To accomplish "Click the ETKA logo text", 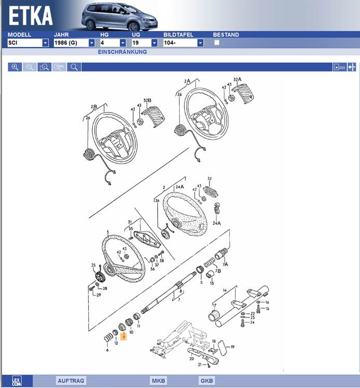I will tap(31, 16).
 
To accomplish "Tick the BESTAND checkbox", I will tap(217, 43).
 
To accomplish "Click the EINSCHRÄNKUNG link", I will tap(122, 52).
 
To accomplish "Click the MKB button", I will tap(159, 381).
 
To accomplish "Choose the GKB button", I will tap(206, 381).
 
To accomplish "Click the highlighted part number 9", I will tap(124, 336).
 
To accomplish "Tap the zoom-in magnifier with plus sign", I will tap(15, 67).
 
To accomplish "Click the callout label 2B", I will tap(94, 107).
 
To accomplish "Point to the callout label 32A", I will tap(238, 80).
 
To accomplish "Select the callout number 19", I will tap(233, 347).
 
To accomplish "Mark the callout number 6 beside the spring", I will tap(107, 350).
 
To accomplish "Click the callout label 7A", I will tap(225, 264).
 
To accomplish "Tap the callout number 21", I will tap(199, 365).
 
